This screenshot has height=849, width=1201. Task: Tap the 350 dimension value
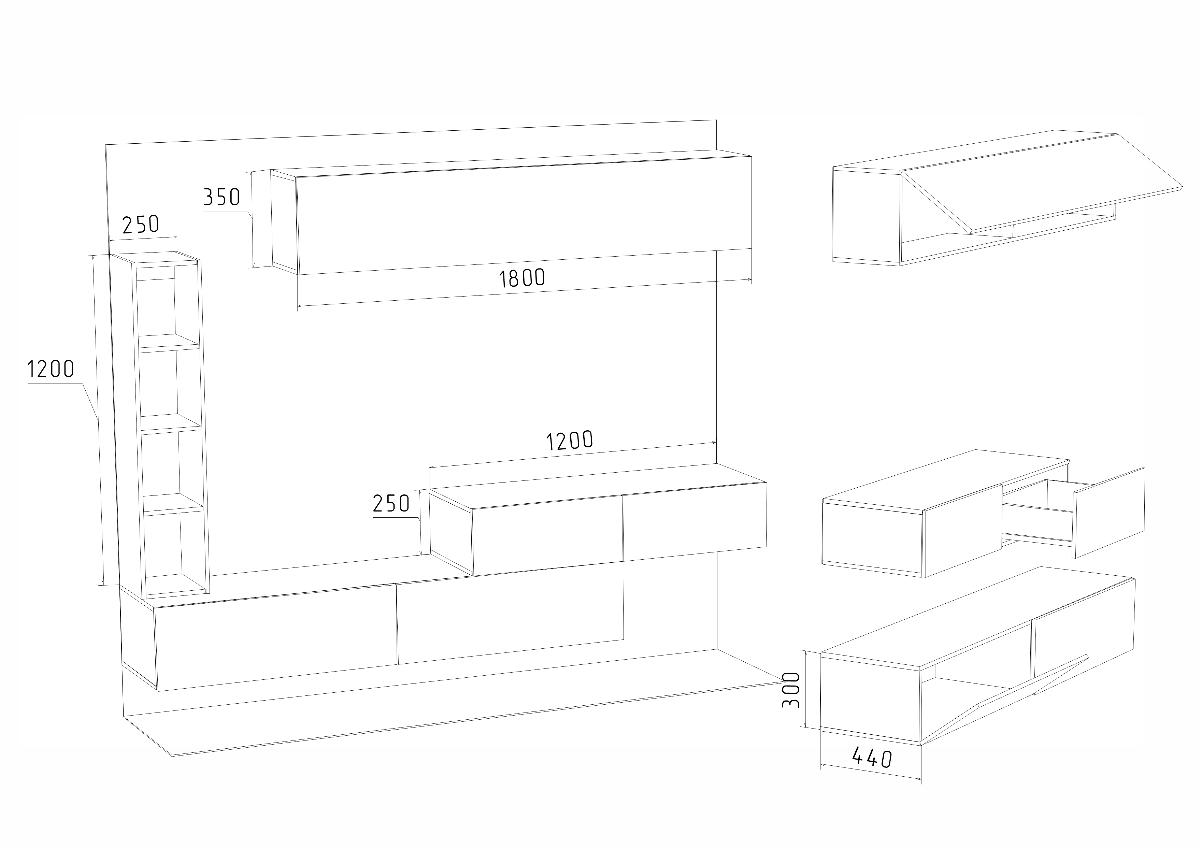(x=221, y=197)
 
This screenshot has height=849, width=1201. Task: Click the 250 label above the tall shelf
(x=140, y=225)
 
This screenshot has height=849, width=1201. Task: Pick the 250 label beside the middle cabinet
(x=391, y=503)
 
